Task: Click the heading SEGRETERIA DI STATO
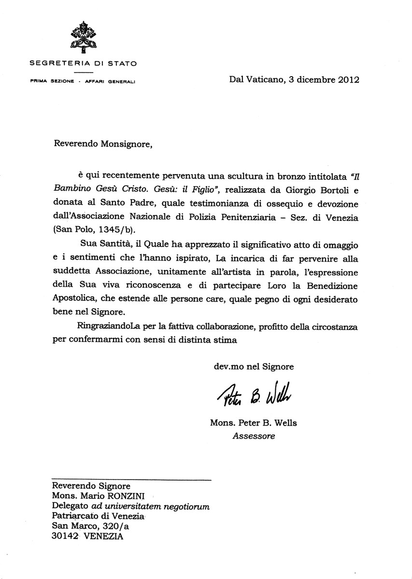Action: (x=83, y=63)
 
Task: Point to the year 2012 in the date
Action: (x=344, y=80)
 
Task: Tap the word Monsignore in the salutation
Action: (x=124, y=143)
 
